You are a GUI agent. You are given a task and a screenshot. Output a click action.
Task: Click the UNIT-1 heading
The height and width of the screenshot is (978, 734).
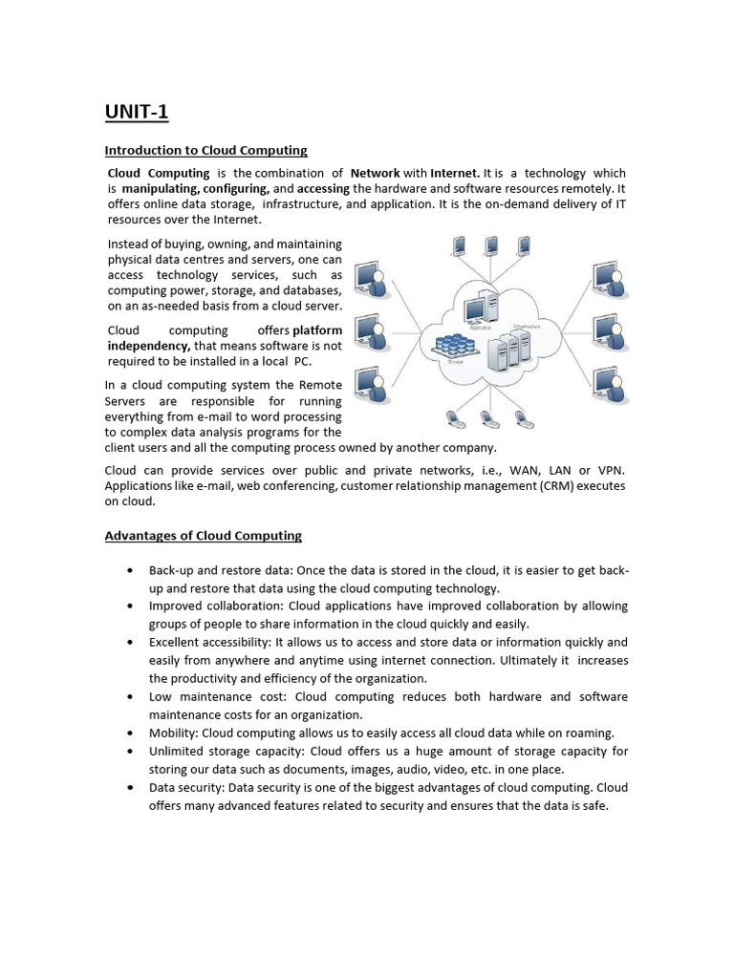(136, 113)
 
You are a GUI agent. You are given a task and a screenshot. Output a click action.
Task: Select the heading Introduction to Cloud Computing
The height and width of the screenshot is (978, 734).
(205, 150)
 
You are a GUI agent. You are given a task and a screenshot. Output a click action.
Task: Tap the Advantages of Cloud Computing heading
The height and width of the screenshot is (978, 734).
(203, 536)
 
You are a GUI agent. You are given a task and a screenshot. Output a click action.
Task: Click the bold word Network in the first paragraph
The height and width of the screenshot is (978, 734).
(375, 173)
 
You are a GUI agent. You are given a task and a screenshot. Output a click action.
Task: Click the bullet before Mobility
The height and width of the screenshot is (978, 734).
(129, 733)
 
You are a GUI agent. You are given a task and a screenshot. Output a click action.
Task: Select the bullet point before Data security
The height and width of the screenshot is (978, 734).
(129, 788)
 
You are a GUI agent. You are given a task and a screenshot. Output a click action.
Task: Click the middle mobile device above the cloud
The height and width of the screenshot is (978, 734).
(491, 247)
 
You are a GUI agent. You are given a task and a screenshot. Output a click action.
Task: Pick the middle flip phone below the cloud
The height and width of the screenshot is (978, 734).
(487, 417)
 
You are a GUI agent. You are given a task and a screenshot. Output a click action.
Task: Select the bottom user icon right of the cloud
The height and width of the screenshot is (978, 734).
(607, 383)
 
